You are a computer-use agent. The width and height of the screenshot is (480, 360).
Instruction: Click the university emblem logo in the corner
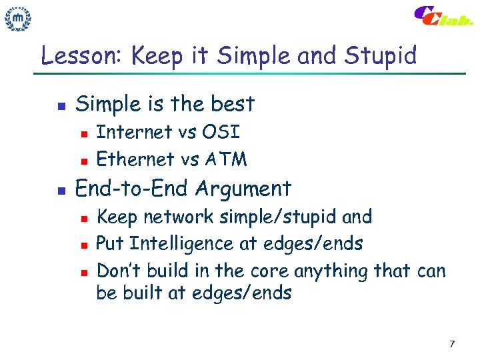[19, 19]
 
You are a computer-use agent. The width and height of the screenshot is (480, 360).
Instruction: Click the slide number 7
[452, 344]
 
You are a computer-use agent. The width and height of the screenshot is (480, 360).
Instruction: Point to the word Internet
[134, 133]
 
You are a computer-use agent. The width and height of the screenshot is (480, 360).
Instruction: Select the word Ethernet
[135, 159]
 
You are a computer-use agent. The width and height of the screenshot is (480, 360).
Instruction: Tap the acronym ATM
[226, 159]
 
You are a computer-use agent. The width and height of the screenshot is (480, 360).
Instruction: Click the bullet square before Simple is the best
[60, 105]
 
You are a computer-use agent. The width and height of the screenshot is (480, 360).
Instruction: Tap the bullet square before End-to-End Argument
[60, 190]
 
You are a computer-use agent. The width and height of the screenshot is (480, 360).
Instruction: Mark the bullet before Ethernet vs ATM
[83, 160]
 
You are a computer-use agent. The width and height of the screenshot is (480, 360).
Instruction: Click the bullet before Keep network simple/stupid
[83, 218]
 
